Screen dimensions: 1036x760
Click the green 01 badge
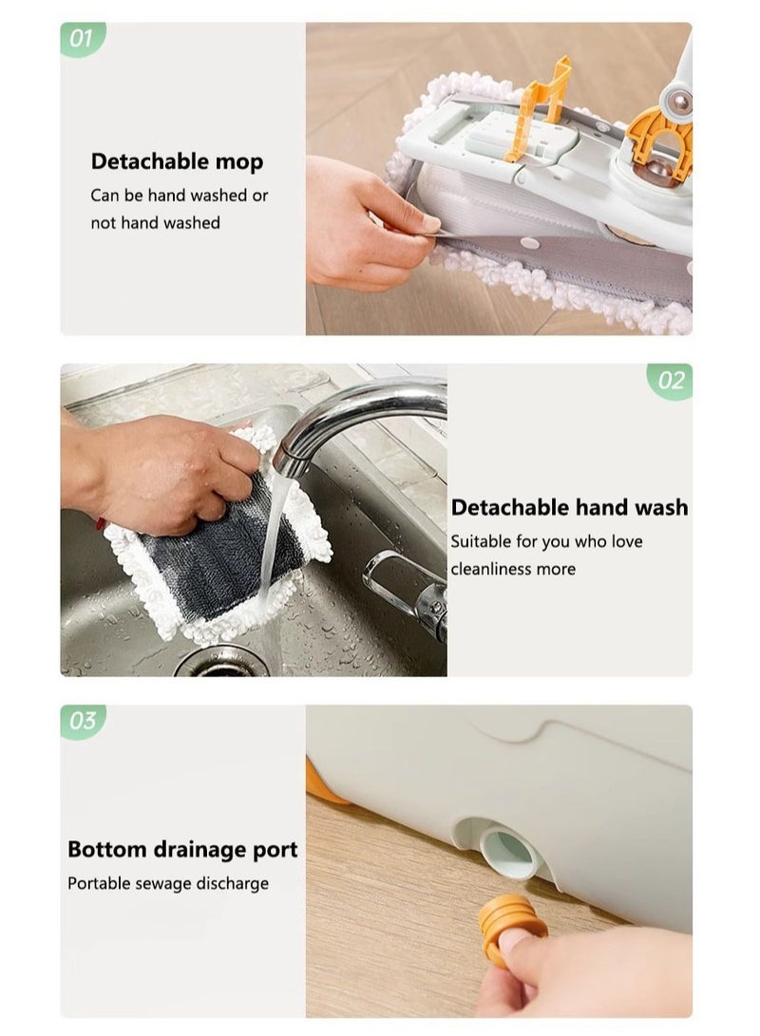click(x=82, y=39)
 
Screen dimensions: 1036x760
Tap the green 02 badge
click(x=671, y=380)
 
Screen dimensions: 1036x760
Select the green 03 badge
click(x=83, y=721)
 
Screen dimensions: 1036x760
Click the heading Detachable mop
click(x=177, y=161)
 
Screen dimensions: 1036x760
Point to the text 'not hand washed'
click(x=155, y=222)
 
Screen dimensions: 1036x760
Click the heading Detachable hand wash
click(x=569, y=507)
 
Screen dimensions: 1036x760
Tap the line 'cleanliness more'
click(x=512, y=569)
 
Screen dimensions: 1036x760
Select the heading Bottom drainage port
click(x=182, y=849)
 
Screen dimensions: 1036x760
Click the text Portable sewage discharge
click(x=167, y=883)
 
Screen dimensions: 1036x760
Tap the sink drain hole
click(x=221, y=663)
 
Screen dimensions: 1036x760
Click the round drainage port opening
click(x=506, y=848)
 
